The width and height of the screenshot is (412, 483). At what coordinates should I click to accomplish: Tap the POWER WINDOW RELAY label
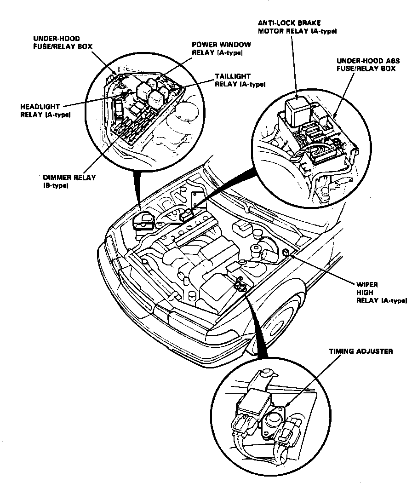coord(221,49)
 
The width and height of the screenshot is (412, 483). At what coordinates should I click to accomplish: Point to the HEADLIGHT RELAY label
coord(45,110)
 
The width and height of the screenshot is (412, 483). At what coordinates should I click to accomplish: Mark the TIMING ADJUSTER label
coord(361,351)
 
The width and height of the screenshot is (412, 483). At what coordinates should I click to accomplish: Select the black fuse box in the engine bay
coord(143,222)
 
